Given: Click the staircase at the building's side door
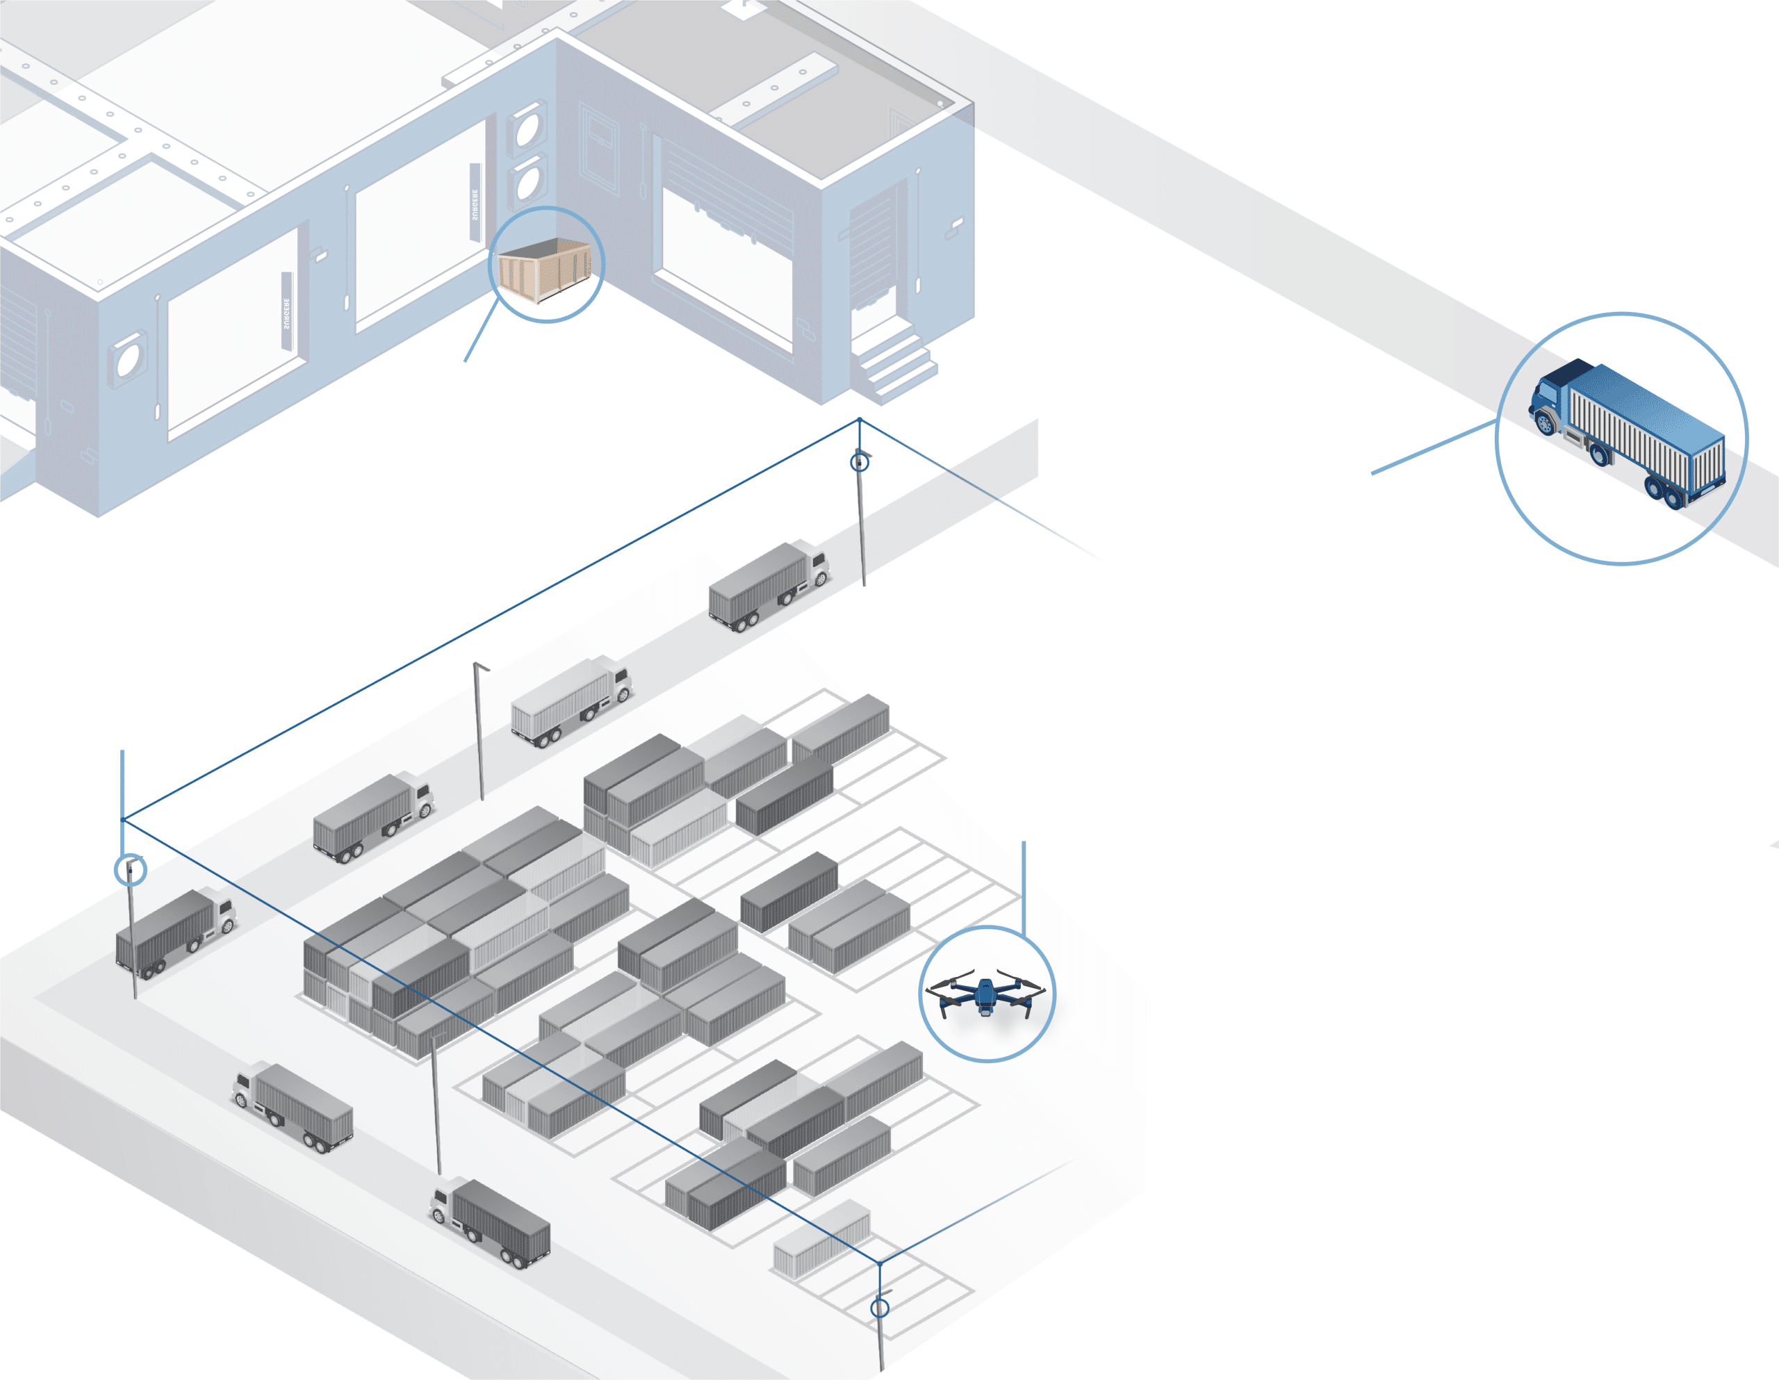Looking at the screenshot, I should [x=893, y=359].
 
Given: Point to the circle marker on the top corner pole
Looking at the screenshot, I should [x=860, y=463].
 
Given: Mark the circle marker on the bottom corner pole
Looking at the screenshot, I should [x=880, y=1308].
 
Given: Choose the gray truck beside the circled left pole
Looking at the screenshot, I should [x=176, y=933].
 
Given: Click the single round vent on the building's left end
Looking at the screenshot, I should [x=129, y=359].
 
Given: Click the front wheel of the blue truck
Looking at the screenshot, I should [x=1544, y=424].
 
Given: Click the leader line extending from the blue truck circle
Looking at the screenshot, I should [x=1434, y=447].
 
